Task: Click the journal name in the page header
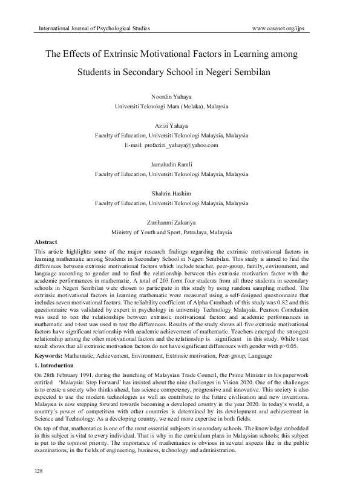94,28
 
